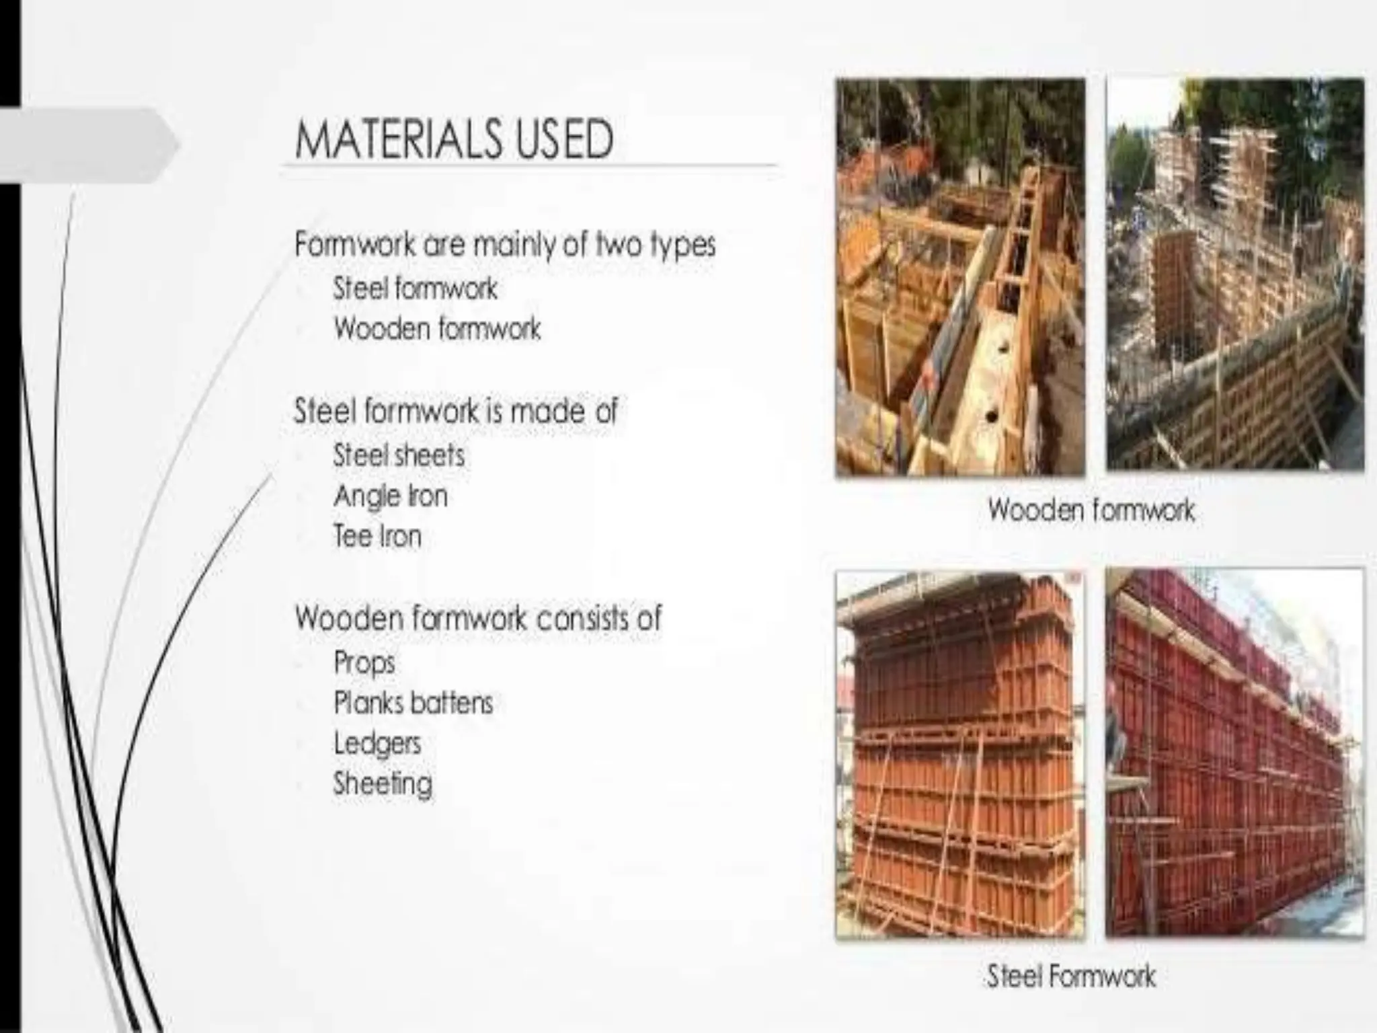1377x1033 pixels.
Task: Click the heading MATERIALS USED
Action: [x=454, y=140]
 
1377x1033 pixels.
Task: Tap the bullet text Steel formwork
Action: [x=415, y=289]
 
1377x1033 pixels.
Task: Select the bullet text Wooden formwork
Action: [x=437, y=330]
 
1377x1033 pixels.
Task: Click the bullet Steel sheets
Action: [x=399, y=456]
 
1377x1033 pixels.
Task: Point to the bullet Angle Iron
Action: [x=391, y=497]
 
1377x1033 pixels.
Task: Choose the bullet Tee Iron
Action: [x=377, y=537]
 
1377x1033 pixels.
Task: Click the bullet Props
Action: [x=364, y=662]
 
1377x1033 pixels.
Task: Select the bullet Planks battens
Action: [x=413, y=703]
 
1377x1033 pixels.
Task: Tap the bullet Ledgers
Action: [x=377, y=744]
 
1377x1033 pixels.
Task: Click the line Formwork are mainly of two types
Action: [x=504, y=245]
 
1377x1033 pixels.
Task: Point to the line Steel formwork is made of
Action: [x=455, y=411]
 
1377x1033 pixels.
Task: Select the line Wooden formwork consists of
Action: [x=478, y=618]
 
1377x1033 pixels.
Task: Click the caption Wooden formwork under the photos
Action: [x=1091, y=510]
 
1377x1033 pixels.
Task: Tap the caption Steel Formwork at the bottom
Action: [x=1070, y=977]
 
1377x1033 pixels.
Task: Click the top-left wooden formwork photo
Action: [x=960, y=278]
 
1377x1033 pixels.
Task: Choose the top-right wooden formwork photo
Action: [x=1234, y=274]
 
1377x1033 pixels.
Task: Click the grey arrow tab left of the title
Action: [x=87, y=145]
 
